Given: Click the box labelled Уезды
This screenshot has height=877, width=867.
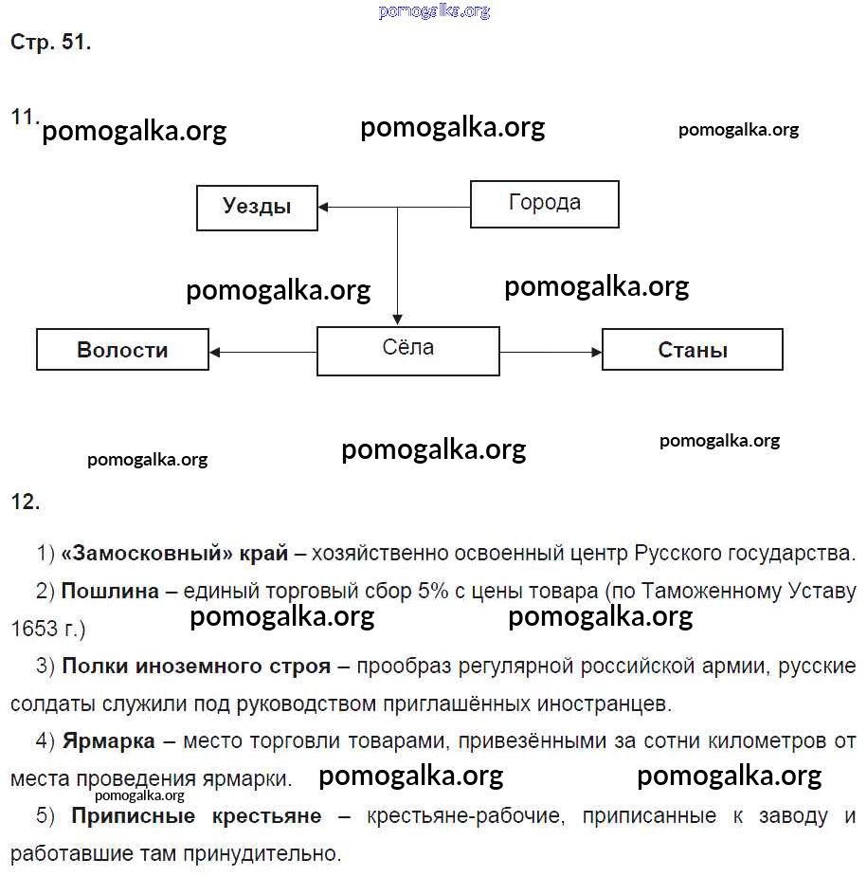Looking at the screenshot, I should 257,207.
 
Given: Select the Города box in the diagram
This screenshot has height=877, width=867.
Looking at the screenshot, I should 545,204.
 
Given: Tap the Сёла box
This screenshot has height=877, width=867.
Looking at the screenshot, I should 407,350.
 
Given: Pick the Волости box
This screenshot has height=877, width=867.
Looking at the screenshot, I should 122,349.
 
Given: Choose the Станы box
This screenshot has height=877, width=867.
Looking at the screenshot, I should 693,349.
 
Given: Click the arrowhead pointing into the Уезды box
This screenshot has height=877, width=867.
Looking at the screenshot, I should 324,207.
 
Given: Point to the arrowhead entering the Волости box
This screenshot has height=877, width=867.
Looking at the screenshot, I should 215,352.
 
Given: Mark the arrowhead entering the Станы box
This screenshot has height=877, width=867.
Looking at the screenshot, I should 596,352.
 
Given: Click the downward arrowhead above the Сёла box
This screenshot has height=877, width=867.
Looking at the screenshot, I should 397,320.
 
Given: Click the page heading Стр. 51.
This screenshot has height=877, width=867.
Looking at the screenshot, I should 50,43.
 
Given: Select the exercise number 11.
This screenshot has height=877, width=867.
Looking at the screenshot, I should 24,117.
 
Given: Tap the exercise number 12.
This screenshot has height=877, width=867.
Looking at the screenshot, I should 25,502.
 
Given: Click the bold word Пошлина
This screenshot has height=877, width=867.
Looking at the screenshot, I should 110,592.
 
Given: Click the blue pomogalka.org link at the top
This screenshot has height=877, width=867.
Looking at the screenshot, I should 434,11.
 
